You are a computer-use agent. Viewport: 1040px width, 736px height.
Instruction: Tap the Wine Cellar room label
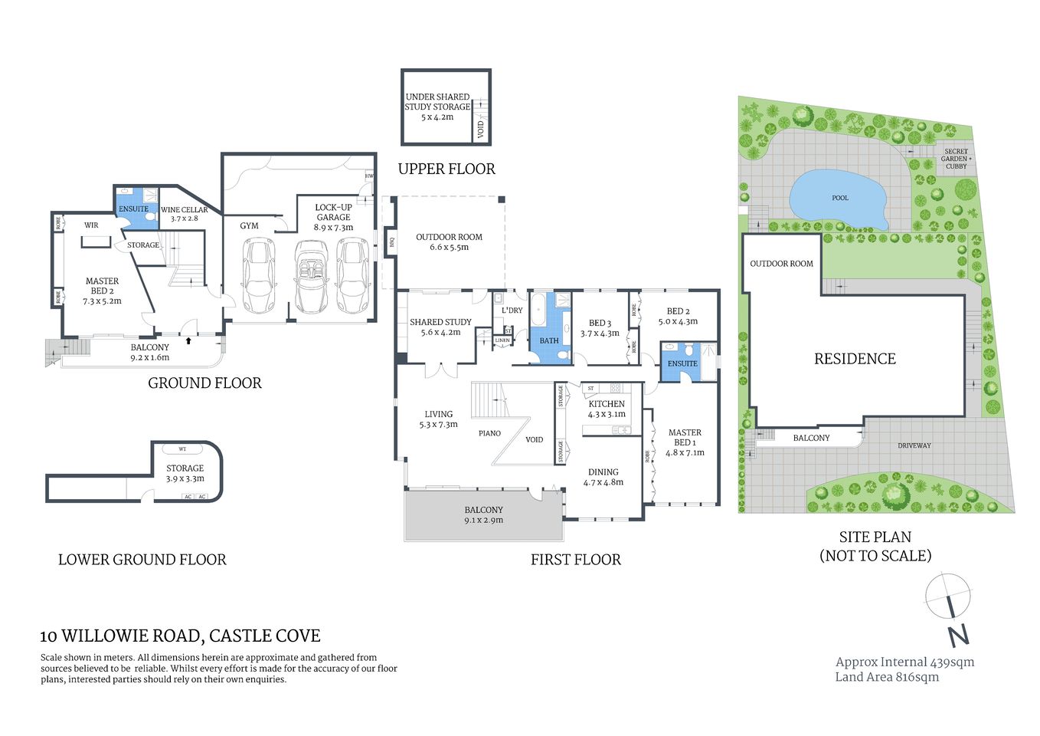point(184,214)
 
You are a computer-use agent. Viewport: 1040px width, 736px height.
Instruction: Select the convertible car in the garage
point(311,277)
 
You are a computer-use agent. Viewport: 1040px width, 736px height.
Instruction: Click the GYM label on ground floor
point(249,226)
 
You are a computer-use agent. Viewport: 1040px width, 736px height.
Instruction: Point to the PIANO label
point(489,433)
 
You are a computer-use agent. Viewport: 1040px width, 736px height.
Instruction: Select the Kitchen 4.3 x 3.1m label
point(607,409)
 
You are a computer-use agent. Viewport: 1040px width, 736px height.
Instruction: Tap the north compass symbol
point(950,606)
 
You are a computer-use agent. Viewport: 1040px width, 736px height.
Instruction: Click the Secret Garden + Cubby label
point(956,159)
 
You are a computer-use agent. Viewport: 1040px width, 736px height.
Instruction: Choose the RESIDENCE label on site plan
point(855,359)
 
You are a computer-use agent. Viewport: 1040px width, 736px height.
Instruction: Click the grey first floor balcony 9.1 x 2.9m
point(483,515)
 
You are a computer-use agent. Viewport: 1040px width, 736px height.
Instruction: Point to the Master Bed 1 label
point(685,442)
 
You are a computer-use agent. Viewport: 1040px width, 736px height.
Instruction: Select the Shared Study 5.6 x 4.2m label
point(440,327)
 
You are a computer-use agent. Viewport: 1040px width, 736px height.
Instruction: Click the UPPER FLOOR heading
point(446,169)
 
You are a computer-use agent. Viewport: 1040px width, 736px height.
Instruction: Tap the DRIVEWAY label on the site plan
point(914,445)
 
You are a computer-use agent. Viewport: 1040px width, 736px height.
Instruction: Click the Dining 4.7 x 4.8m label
point(603,477)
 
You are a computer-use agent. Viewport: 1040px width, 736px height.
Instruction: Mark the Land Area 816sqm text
point(887,677)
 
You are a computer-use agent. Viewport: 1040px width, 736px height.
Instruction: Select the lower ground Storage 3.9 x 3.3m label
point(185,473)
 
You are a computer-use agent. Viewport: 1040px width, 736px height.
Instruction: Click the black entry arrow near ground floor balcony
point(188,337)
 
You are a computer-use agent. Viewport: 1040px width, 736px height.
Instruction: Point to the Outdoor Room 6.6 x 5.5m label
point(449,242)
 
